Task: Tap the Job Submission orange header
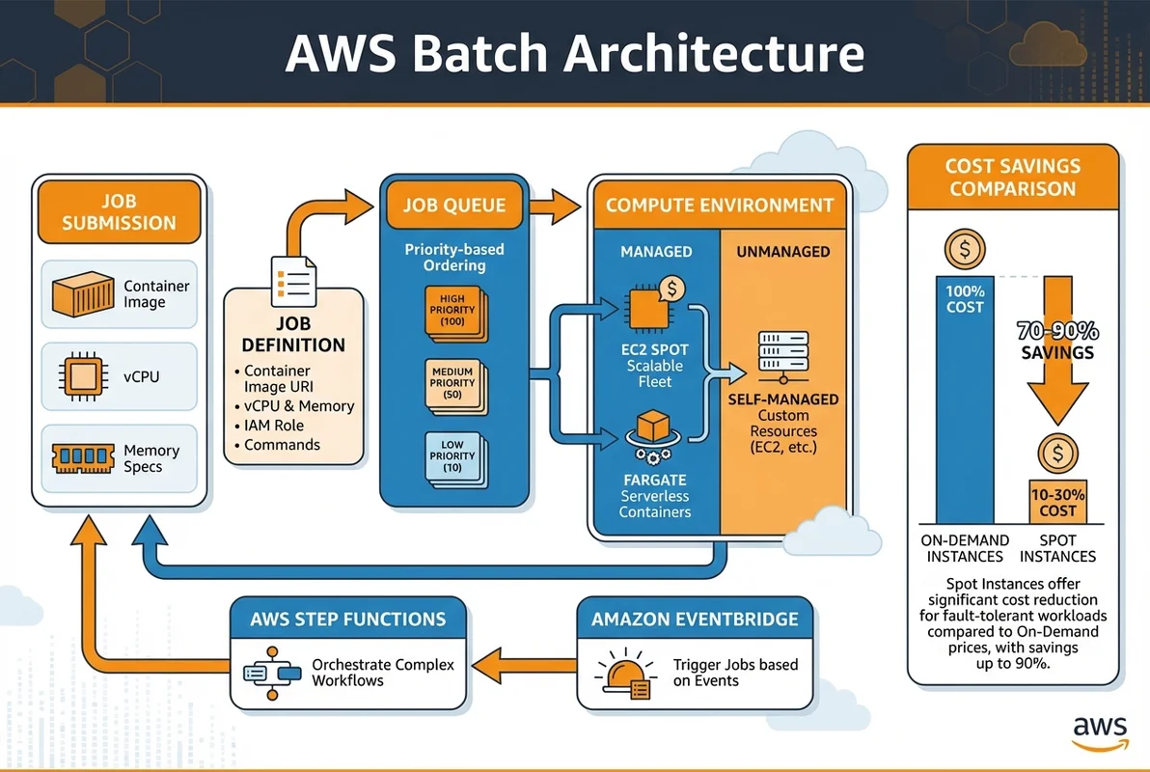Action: coord(120,212)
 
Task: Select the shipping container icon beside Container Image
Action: coord(83,294)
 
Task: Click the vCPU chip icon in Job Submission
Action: coord(83,376)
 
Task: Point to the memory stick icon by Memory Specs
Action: coord(83,458)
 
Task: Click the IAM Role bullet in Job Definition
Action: coord(274,426)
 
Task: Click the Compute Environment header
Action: coord(719,205)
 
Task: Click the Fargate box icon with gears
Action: coord(655,431)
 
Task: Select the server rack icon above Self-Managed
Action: coord(782,354)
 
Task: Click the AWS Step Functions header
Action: coord(348,619)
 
